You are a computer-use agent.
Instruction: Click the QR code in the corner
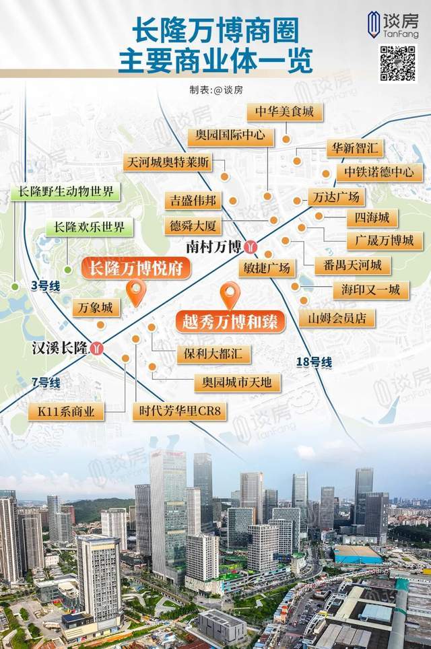(398, 63)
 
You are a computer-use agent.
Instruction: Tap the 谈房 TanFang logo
(399, 26)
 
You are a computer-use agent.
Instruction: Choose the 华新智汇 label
(355, 146)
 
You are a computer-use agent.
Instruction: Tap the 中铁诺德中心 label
(378, 172)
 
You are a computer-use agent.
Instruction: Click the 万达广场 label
(336, 197)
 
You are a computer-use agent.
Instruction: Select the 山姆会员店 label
(337, 317)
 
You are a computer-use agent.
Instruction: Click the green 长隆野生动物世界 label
(65, 192)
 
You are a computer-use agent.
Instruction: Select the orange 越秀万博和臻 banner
(230, 320)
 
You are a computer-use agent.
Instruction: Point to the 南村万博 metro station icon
(251, 246)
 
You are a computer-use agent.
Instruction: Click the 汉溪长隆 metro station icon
(98, 348)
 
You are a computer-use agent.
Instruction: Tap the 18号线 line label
(314, 363)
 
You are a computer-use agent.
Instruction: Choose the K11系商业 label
(66, 410)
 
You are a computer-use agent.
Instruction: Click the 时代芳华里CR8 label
(180, 410)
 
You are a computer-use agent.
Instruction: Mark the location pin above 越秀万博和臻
(230, 294)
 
